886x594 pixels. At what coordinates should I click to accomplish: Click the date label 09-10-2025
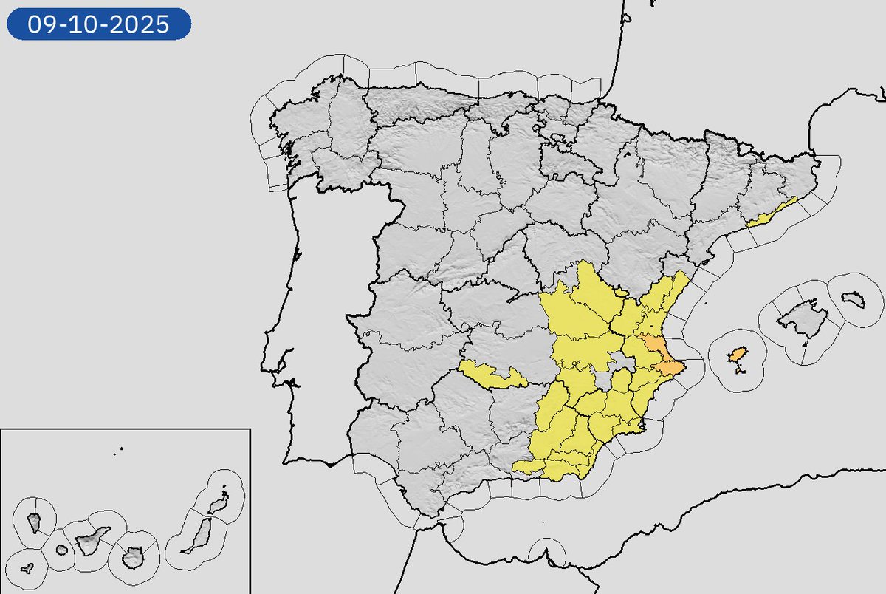(99, 25)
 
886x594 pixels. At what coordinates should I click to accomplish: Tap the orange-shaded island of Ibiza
(737, 355)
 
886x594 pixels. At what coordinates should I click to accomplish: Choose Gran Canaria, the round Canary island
(133, 556)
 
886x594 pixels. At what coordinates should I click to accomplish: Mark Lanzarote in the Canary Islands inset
(216, 504)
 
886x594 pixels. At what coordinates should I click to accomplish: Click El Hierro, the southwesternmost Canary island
(27, 569)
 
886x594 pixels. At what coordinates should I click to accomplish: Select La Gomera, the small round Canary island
(61, 550)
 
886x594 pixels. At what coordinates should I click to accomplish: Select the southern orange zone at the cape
(670, 368)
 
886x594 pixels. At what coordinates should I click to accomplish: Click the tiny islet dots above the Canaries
(120, 448)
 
